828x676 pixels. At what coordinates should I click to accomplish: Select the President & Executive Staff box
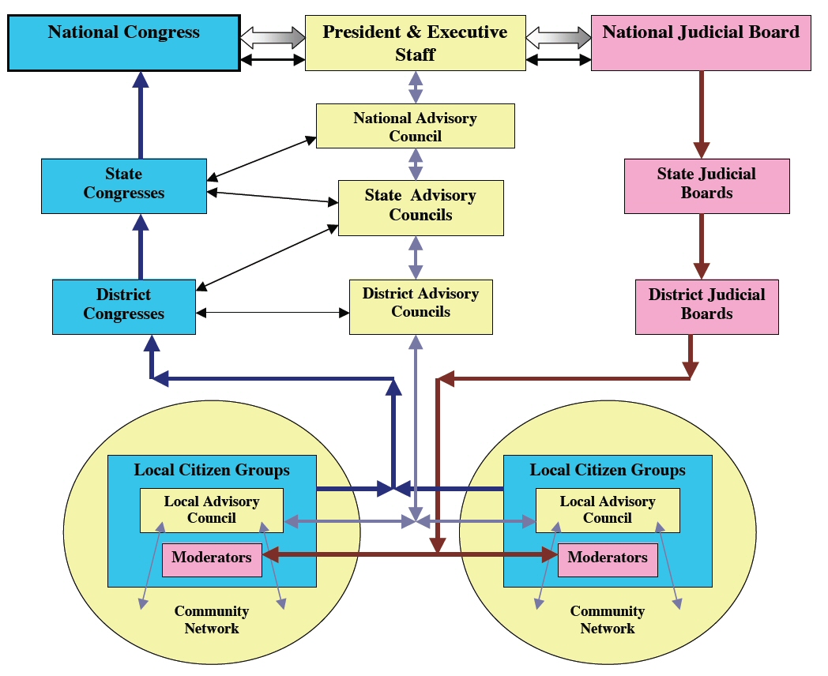(x=415, y=43)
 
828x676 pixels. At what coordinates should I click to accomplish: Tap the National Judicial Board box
(x=701, y=43)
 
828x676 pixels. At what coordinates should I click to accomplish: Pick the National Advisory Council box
(x=415, y=126)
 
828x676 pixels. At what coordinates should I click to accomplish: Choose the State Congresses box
(x=124, y=186)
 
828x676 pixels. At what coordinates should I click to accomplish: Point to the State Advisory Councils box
(x=420, y=208)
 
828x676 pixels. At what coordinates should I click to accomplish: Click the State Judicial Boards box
(x=706, y=186)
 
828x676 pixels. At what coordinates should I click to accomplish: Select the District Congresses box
(x=124, y=306)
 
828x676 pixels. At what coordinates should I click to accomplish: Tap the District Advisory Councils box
(x=420, y=306)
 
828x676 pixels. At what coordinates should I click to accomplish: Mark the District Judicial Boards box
(x=706, y=306)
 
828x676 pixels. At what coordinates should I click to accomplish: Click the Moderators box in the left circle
(x=212, y=559)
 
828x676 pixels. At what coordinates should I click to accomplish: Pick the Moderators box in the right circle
(x=607, y=559)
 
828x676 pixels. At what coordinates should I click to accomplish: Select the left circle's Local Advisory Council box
(x=212, y=510)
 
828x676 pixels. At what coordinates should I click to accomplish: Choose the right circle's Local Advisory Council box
(x=607, y=510)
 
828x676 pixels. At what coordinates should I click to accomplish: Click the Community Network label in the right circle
(x=607, y=620)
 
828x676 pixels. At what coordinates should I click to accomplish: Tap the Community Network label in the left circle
(x=212, y=620)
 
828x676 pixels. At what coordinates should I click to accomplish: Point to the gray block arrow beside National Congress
(x=273, y=36)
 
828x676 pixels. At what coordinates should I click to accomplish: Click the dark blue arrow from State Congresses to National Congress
(x=141, y=115)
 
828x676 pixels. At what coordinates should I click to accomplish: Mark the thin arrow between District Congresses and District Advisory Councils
(x=273, y=313)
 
